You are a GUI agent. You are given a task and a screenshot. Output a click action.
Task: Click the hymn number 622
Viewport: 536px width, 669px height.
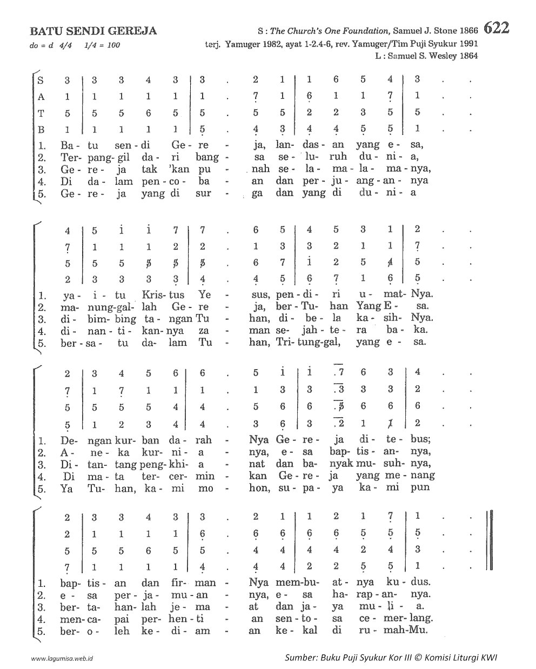pos(497,28)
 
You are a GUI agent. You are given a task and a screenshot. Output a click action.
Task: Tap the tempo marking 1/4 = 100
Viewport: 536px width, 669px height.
pos(102,45)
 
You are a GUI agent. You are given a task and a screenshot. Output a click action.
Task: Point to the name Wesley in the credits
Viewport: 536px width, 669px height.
pos(441,56)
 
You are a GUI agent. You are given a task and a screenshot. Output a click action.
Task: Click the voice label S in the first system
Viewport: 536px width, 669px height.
pos(41,81)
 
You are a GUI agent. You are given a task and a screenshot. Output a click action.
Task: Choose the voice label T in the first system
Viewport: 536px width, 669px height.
pos(41,113)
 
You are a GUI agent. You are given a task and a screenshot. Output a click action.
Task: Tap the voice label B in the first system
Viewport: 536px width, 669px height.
pos(41,130)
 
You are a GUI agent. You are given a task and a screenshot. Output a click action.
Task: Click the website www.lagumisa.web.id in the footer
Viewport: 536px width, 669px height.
pos(63,659)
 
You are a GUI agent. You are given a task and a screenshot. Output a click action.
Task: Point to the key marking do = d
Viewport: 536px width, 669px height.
pos(42,45)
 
